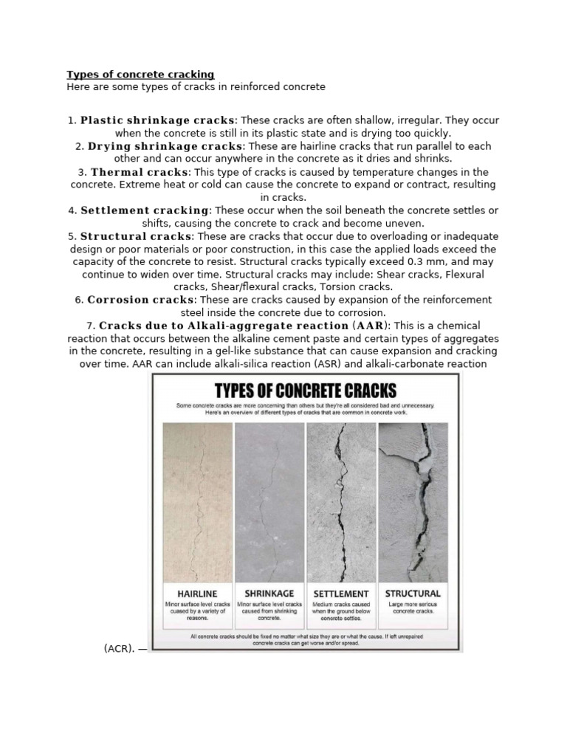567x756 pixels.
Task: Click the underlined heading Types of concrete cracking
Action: (x=140, y=75)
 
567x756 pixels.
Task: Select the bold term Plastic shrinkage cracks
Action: (x=158, y=120)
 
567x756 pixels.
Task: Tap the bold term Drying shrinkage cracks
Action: (x=165, y=146)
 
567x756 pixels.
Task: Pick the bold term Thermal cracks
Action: (x=140, y=172)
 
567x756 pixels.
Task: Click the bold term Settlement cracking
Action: (x=145, y=210)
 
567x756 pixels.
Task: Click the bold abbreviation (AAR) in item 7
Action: (x=372, y=326)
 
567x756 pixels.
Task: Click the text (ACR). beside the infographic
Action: (x=119, y=628)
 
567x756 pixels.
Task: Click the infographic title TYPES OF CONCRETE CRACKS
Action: (x=305, y=389)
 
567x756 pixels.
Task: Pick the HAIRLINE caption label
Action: (x=196, y=593)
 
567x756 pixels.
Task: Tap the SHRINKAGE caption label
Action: (x=268, y=593)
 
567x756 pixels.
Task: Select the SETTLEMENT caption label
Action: (x=340, y=593)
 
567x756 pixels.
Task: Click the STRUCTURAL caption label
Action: (x=413, y=593)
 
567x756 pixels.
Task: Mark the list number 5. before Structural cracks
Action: (x=72, y=236)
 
